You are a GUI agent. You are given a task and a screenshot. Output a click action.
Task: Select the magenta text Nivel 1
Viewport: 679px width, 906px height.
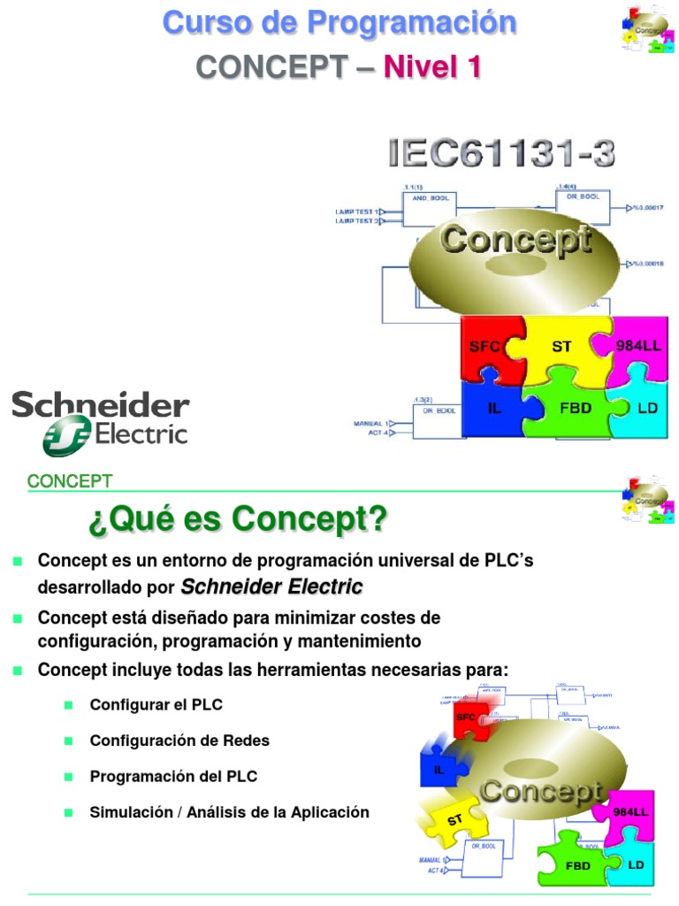[431, 66]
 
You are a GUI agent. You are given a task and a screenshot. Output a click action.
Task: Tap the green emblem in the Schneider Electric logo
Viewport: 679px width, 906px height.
[67, 437]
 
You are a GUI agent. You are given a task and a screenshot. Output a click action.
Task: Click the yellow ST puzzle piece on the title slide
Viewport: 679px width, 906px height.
[562, 346]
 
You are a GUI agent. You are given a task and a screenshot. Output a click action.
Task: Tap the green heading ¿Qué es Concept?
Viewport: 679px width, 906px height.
[237, 519]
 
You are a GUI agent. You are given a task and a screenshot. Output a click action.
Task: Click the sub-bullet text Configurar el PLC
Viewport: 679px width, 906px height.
[156, 705]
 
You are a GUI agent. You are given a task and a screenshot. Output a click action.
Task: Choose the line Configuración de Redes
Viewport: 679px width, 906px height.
[179, 741]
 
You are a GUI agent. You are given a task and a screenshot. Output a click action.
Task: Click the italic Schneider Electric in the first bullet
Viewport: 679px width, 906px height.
[271, 587]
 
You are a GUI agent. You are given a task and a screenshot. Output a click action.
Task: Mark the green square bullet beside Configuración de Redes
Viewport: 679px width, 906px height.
[68, 741]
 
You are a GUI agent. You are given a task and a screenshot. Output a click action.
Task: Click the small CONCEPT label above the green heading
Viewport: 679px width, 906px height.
[70, 481]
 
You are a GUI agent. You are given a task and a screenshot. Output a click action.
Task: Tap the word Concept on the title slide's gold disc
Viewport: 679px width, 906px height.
[516, 240]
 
